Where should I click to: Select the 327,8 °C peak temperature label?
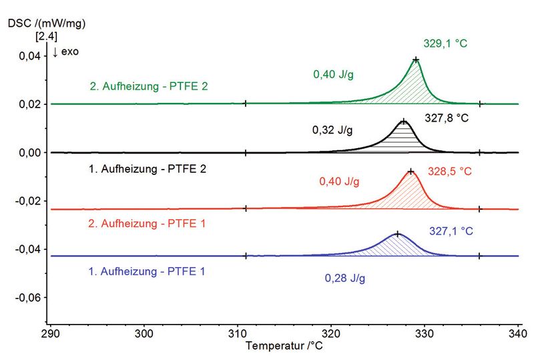(448, 118)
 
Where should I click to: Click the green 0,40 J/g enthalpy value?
(332, 74)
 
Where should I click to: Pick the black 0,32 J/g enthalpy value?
(332, 129)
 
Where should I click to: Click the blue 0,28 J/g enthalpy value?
(345, 278)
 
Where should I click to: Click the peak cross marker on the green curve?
(416, 59)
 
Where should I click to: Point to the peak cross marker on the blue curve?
(398, 234)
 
